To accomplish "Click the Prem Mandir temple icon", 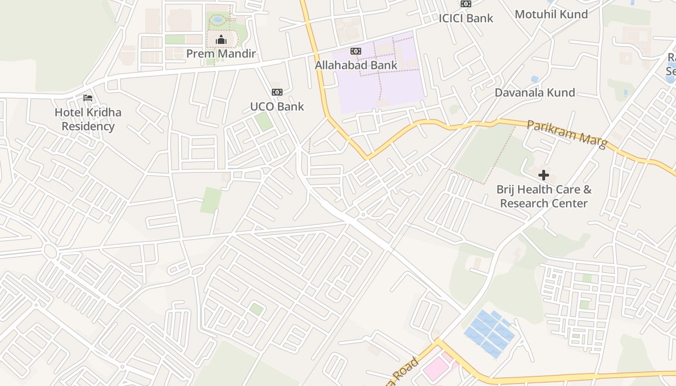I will pyautogui.click(x=221, y=40).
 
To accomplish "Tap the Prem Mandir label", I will pyautogui.click(x=221, y=54).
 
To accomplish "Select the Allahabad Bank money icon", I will pyautogui.click(x=356, y=51).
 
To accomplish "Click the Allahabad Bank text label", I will pyautogui.click(x=356, y=65).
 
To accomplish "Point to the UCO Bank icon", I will pyautogui.click(x=277, y=92).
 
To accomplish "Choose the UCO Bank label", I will pyautogui.click(x=277, y=106).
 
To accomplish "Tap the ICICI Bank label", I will pyautogui.click(x=465, y=18).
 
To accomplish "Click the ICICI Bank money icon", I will pyautogui.click(x=465, y=4).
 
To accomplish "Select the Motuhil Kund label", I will pyautogui.click(x=551, y=14).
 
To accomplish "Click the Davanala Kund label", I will pyautogui.click(x=535, y=92).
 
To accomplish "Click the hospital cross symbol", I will pyautogui.click(x=544, y=175).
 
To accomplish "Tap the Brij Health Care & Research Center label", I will pyautogui.click(x=544, y=196).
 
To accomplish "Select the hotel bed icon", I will pyautogui.click(x=87, y=98).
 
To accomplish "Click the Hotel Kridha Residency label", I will pyautogui.click(x=88, y=119).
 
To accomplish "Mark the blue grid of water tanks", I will pyautogui.click(x=489, y=333).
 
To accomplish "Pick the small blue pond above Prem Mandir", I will pyautogui.click(x=218, y=20).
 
